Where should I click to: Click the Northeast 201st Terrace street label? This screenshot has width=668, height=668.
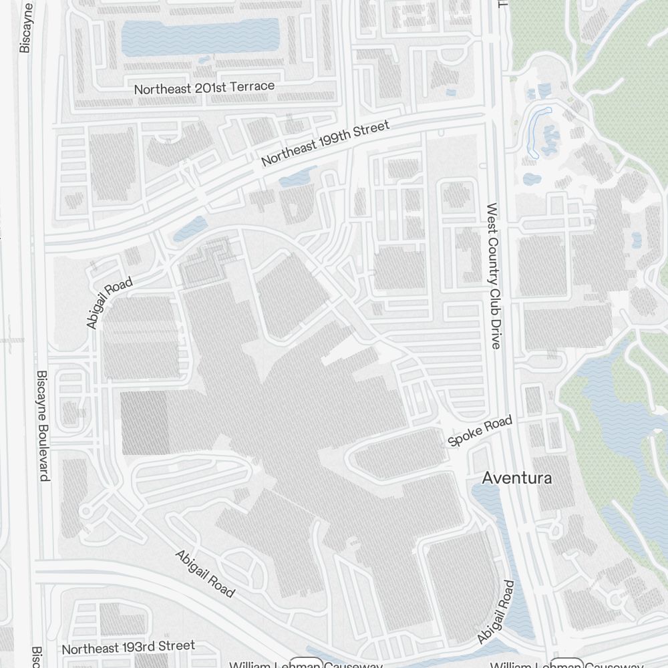point(204,88)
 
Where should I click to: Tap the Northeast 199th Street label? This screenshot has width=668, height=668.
point(325,143)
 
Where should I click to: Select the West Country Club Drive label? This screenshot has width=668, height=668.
point(494,276)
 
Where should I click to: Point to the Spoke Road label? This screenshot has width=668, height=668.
point(480,431)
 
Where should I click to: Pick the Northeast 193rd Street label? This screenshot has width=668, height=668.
point(128,647)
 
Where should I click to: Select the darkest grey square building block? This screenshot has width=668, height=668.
point(144,423)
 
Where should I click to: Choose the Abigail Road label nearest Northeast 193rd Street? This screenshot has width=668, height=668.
point(205,574)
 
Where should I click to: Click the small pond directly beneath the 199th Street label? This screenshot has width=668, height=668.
point(294,178)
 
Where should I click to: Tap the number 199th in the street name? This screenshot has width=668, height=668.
point(333,140)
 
